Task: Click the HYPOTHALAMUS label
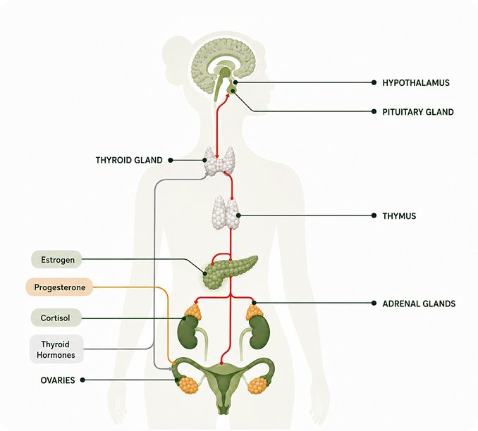pos(416,83)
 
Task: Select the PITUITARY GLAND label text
pos(418,112)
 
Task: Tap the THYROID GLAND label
pos(129,160)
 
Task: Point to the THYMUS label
pos(399,216)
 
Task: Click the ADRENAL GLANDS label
pos(419,304)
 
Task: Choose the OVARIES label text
pos(58,380)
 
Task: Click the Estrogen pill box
pos(56,259)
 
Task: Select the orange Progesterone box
pos(59,287)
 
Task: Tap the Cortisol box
pos(56,318)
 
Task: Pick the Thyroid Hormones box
pos(56,349)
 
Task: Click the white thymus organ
pos(226,213)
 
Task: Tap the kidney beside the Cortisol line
pos(188,332)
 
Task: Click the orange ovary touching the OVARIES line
pos(189,385)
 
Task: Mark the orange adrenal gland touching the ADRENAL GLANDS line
pos(255,311)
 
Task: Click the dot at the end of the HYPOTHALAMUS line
pos(374,82)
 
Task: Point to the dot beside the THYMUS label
pos(374,216)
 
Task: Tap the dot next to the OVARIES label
pos(82,380)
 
